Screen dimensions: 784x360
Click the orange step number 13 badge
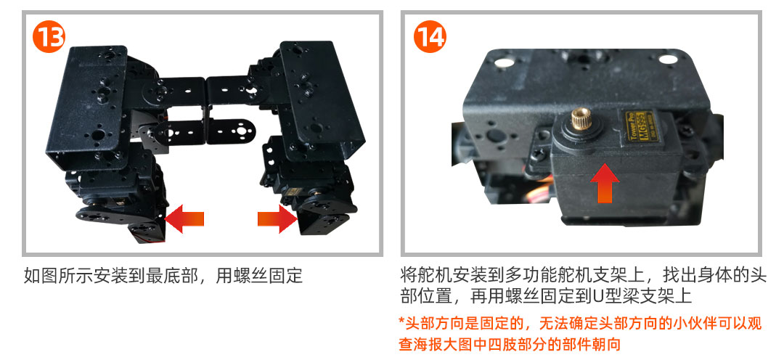(49, 36)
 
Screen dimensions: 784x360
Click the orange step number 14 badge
(430, 36)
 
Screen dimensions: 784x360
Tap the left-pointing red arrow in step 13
(184, 218)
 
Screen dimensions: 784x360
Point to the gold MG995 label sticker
(635, 128)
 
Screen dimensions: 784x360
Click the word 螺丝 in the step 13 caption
(248, 276)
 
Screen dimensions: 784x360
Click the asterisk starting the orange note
(401, 321)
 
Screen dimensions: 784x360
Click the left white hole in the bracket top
(504, 62)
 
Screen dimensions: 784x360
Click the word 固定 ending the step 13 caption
(287, 276)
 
